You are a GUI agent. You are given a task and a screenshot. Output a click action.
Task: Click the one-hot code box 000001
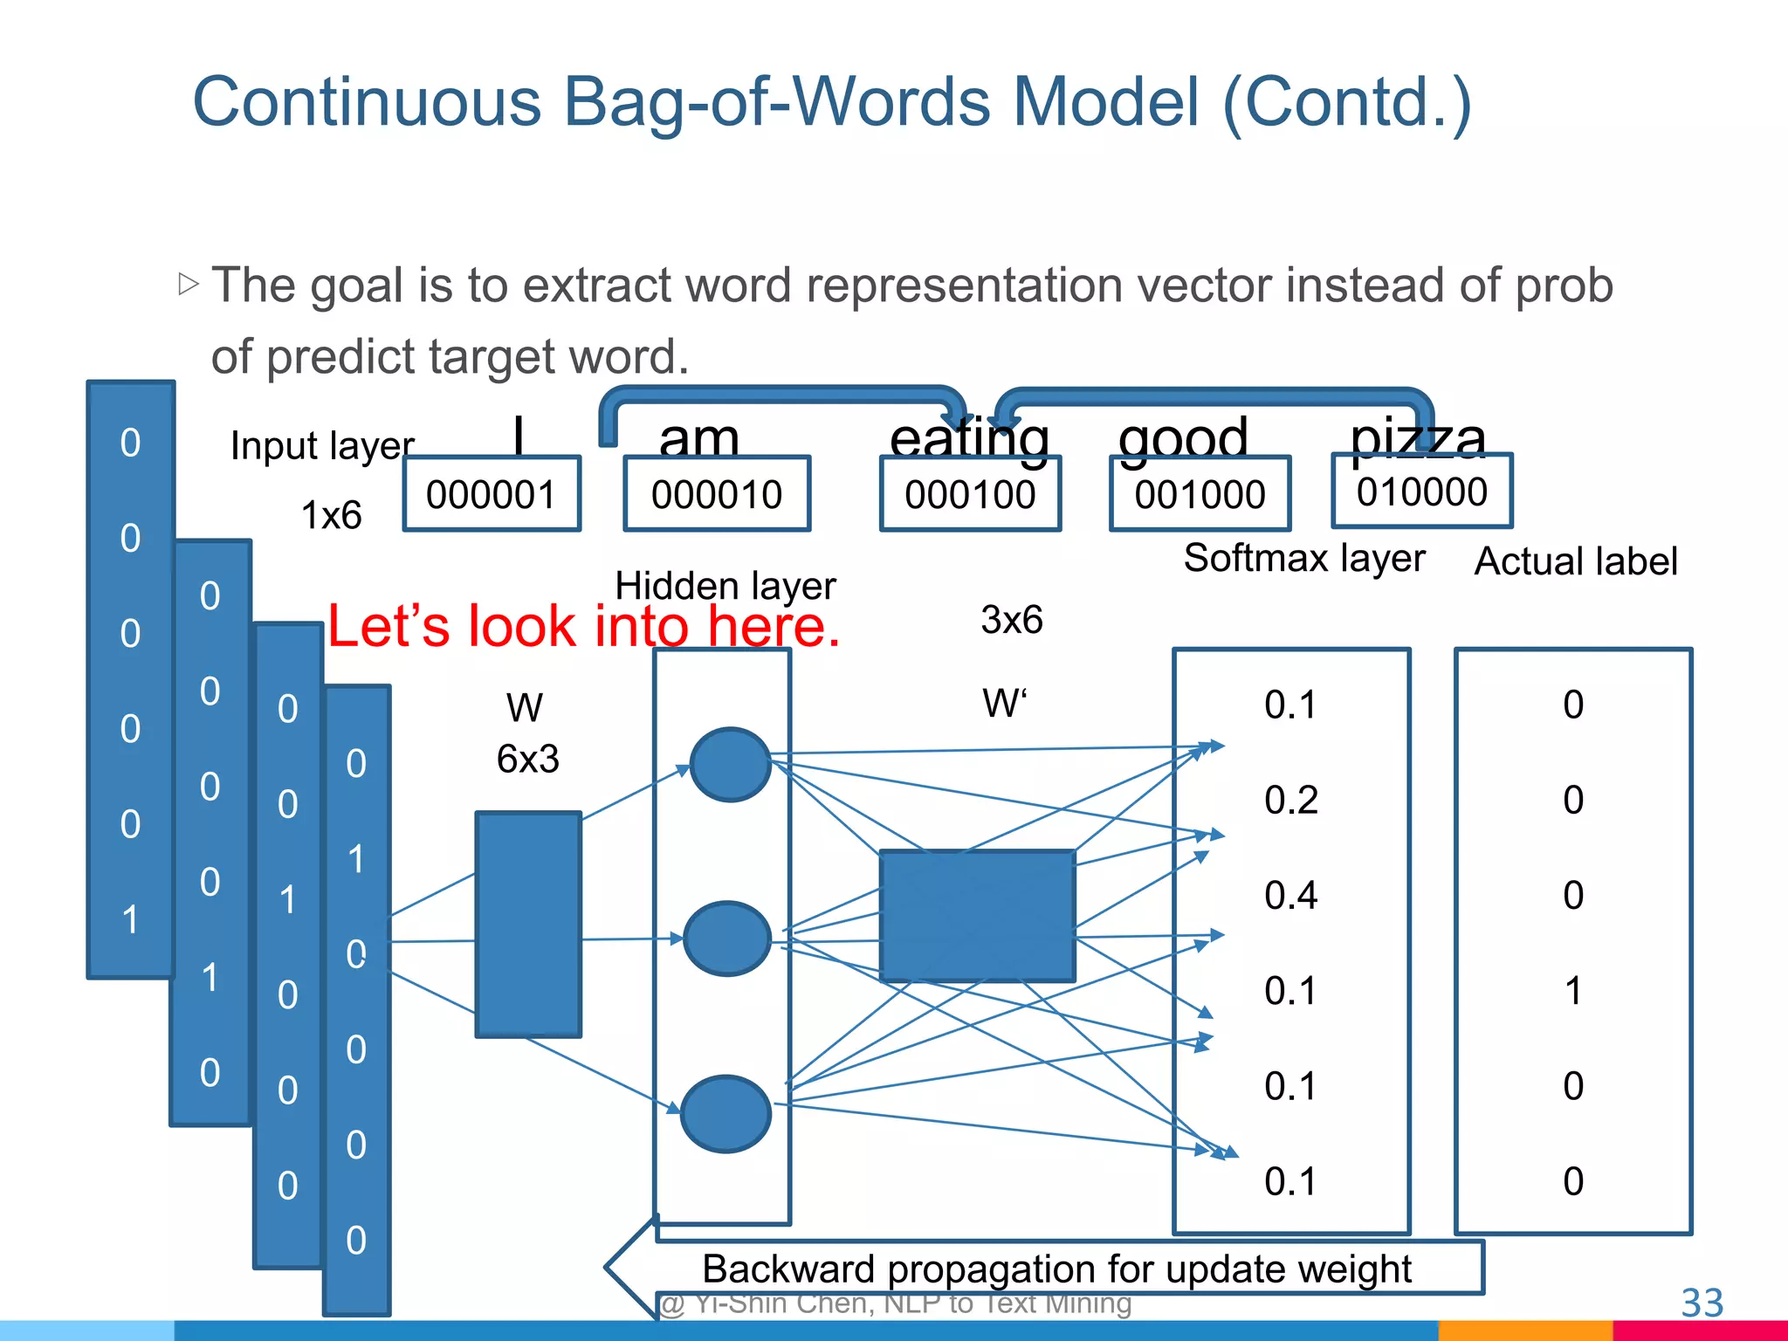[492, 494]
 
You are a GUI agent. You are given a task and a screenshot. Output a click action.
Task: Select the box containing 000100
[970, 494]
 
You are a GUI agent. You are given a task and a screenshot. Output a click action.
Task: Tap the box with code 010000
[1421, 492]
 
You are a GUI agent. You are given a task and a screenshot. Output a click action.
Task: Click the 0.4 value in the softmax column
[1290, 896]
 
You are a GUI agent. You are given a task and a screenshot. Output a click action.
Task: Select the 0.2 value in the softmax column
[1290, 800]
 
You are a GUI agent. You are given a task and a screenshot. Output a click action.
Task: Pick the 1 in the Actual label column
[1572, 991]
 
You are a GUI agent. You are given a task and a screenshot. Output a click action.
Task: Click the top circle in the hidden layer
[730, 765]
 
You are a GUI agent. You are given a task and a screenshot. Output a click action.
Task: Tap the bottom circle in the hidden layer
[726, 1114]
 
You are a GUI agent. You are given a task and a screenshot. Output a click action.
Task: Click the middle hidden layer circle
[726, 939]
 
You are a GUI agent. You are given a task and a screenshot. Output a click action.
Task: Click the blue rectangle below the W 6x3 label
[528, 925]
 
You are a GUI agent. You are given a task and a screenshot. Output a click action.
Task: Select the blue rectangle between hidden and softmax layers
[977, 916]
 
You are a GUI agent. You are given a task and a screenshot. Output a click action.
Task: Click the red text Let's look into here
[583, 626]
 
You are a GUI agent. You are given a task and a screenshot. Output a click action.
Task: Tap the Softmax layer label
[1303, 558]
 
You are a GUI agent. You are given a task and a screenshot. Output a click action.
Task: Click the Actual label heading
[1575, 561]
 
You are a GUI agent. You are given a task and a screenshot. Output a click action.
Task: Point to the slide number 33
[1702, 1303]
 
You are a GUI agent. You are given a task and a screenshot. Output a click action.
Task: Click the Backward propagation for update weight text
[1056, 1269]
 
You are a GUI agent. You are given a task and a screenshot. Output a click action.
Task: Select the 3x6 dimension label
[1011, 620]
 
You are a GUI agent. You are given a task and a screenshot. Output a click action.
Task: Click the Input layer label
[322, 446]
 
